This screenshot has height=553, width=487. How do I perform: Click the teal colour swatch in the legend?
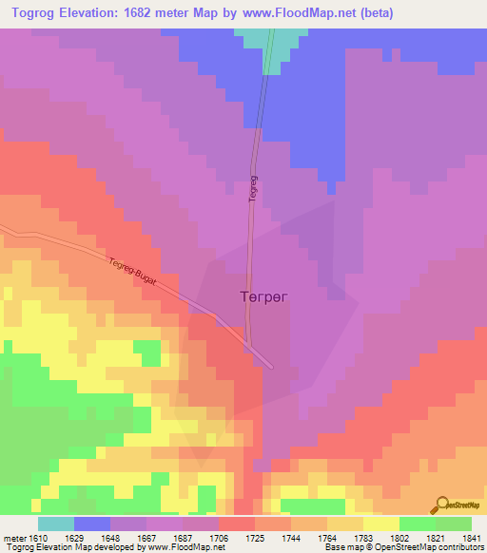(55, 524)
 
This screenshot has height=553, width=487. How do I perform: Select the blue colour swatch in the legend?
(91, 524)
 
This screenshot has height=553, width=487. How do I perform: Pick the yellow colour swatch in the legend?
(380, 524)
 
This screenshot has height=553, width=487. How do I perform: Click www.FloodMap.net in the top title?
(301, 13)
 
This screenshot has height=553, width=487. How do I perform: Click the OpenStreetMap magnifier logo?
(440, 505)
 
